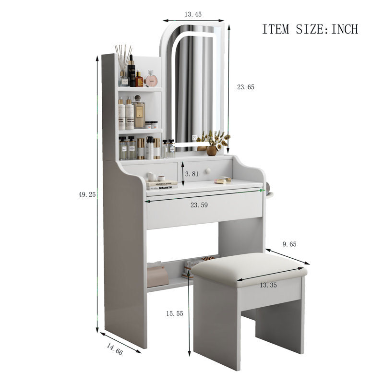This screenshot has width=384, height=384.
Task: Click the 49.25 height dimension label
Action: pyautogui.click(x=87, y=194)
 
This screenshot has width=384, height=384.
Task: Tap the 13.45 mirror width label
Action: pyautogui.click(x=193, y=14)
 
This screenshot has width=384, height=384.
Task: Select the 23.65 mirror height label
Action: pyautogui.click(x=246, y=87)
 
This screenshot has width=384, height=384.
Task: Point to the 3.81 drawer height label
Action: pyautogui.click(x=192, y=174)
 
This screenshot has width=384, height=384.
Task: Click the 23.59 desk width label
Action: pyautogui.click(x=199, y=205)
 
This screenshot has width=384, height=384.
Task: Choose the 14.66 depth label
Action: pyautogui.click(x=115, y=349)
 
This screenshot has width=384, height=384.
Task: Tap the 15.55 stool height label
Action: pyautogui.click(x=175, y=313)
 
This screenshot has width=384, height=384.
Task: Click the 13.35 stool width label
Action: pyautogui.click(x=268, y=285)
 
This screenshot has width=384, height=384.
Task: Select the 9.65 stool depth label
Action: pyautogui.click(x=289, y=244)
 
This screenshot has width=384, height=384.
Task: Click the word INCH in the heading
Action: pyautogui.click(x=345, y=29)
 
